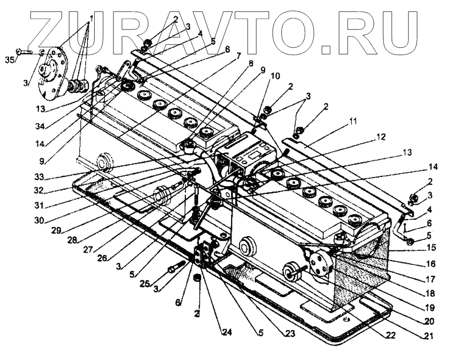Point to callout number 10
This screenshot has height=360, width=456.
point(274,76)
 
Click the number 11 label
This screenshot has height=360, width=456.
point(353,121)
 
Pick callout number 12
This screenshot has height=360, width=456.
point(381,136)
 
